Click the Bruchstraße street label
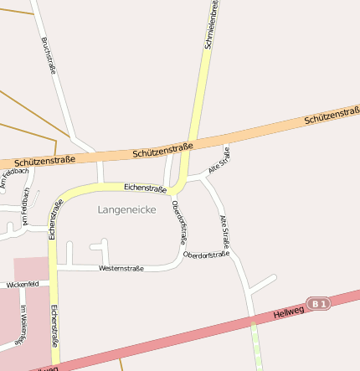click(48, 56)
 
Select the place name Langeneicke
click(126, 209)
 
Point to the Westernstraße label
click(121, 268)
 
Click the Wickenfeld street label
click(23, 285)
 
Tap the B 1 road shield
click(317, 303)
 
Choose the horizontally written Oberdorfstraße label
click(206, 254)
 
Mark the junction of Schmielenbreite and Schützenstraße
click(192, 142)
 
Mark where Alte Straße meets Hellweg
click(252, 320)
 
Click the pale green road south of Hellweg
click(256, 348)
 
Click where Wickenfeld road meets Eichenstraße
click(52, 286)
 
